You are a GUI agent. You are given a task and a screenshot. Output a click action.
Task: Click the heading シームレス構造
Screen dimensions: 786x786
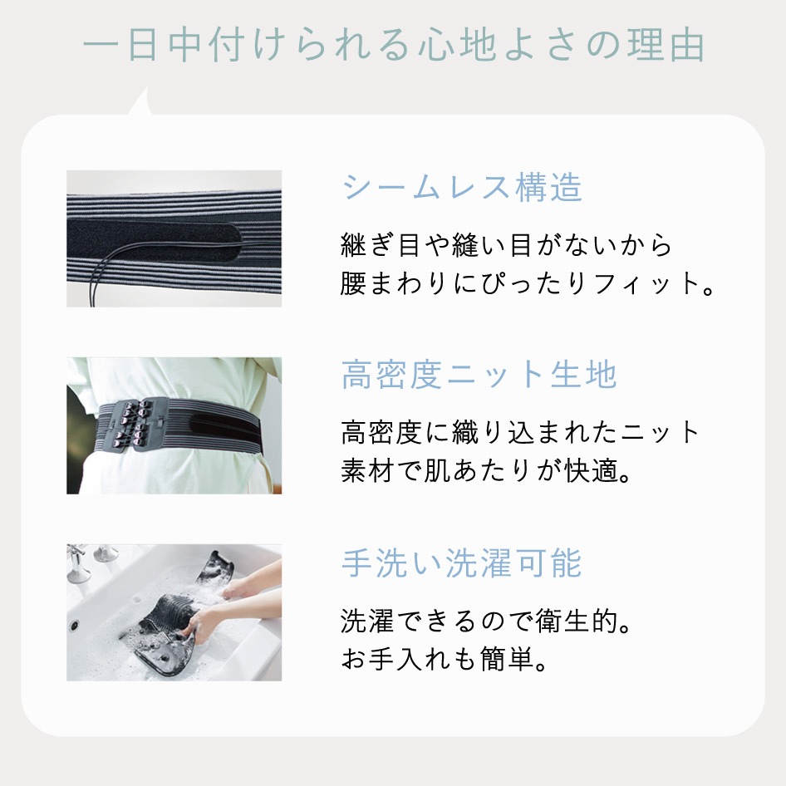[x=462, y=189]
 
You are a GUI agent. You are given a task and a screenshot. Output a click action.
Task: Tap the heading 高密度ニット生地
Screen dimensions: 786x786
[x=479, y=376]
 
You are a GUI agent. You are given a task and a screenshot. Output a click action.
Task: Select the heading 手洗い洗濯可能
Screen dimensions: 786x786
[x=462, y=563]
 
